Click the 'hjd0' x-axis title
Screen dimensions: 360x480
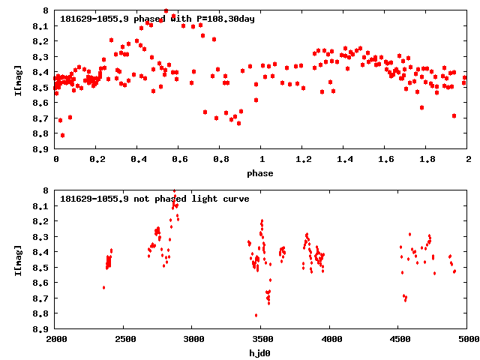262,353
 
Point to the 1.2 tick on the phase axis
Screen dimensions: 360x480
303,160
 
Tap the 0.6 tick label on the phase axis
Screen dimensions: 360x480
179,160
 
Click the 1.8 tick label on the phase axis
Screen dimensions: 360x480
427,160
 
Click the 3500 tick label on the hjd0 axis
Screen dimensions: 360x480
262,340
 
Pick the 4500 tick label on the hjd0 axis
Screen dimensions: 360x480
399,340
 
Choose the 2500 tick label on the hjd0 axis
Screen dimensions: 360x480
124,340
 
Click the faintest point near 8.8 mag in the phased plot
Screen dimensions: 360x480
62,135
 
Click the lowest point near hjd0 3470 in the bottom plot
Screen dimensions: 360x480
256,315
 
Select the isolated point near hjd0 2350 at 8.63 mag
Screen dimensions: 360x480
103,287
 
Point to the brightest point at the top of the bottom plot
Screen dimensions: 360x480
174,191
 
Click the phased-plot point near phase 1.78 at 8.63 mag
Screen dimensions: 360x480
421,107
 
